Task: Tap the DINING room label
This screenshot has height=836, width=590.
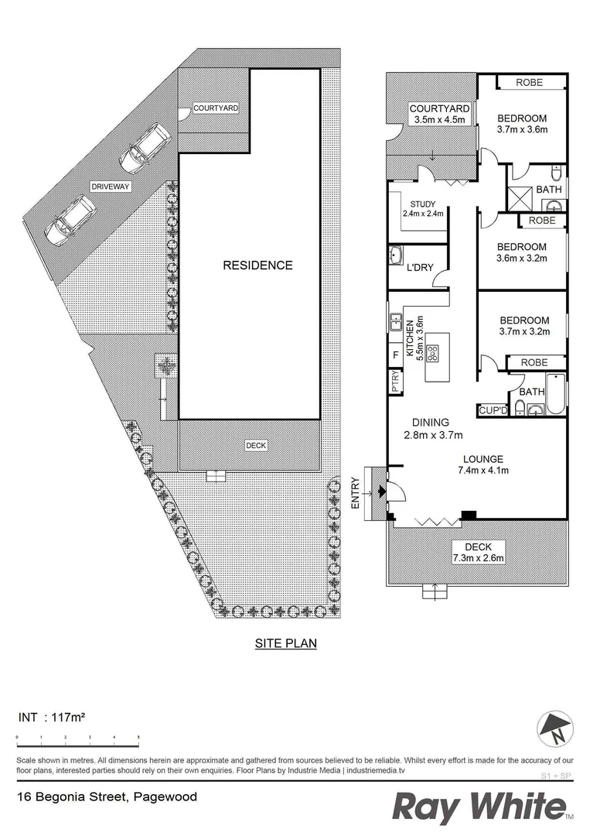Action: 430,423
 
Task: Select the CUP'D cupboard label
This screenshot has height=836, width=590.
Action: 493,409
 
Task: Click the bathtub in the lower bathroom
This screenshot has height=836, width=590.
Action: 555,394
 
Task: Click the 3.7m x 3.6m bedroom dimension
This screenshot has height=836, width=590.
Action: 522,129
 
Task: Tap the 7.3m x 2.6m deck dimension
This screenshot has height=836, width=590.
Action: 478,557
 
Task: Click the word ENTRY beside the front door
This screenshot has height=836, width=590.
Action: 356,492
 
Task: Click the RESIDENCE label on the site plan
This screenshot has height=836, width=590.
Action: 257,266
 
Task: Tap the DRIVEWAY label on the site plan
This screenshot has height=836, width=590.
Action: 111,187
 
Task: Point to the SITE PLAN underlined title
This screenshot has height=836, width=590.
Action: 286,642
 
